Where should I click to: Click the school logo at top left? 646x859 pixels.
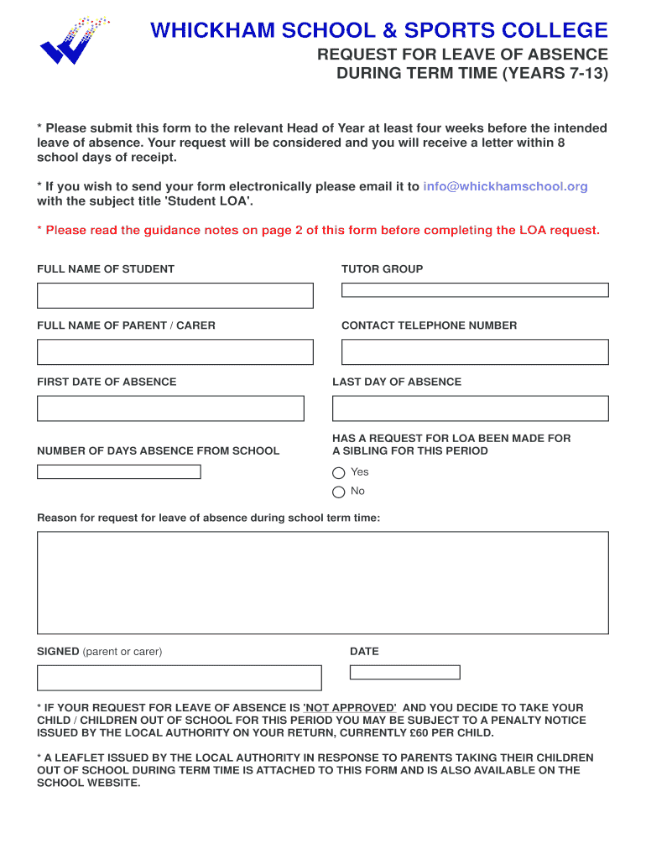(74, 42)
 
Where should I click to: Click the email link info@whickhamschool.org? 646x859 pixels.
(505, 186)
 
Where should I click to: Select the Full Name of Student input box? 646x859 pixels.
(175, 295)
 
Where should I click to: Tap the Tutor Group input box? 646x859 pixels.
(474, 290)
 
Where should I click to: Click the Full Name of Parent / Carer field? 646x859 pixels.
(175, 351)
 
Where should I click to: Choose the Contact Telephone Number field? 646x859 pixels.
(474, 351)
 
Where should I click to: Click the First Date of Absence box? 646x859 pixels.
(170, 409)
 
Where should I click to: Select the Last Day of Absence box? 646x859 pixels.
(470, 409)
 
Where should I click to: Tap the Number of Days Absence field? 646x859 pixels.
(118, 471)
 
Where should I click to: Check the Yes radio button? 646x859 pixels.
(339, 472)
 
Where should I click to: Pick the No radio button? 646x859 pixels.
(339, 492)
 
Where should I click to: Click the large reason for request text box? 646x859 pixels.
(322, 582)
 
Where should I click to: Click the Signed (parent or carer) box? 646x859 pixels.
(179, 678)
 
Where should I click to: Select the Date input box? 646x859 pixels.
(404, 672)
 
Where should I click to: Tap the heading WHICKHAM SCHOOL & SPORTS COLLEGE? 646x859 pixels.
(378, 31)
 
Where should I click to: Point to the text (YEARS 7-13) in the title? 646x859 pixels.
(555, 73)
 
